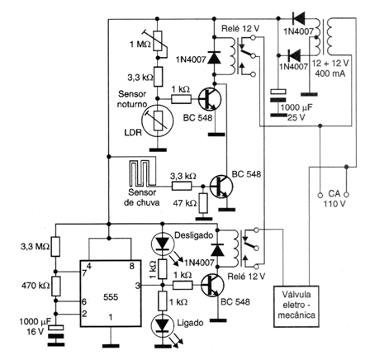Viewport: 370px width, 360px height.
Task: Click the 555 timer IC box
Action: [111, 293]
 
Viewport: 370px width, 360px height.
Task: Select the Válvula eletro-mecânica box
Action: [296, 306]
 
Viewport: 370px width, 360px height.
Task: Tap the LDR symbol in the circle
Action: [157, 120]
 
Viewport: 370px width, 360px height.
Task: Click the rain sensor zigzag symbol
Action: [142, 173]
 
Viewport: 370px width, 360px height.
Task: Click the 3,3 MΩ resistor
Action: [55, 247]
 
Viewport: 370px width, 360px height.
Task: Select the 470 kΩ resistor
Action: [56, 287]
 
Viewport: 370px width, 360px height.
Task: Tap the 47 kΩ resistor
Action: [203, 203]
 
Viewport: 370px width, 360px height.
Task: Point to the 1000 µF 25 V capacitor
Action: [278, 102]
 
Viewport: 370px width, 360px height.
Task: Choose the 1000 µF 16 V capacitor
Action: [56, 334]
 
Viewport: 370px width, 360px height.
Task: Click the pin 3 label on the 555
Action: [138, 286]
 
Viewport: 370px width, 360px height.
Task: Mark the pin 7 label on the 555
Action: [83, 273]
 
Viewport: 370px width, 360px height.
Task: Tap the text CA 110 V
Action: [334, 199]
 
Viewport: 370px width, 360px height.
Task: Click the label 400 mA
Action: [330, 73]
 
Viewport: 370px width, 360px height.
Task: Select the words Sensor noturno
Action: [132, 99]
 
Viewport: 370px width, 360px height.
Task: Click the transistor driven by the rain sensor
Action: [221, 187]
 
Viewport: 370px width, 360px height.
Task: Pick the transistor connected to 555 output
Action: [212, 286]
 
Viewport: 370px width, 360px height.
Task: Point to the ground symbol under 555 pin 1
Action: [111, 346]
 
